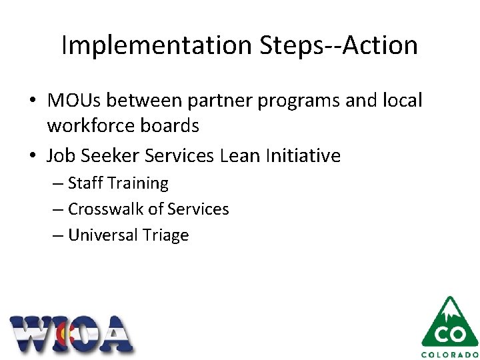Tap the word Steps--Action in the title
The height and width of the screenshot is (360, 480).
click(335, 45)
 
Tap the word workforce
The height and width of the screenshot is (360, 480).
click(96, 125)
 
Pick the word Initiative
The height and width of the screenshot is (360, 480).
click(303, 156)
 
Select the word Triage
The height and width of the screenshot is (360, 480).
click(165, 236)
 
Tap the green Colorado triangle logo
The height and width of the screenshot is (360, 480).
click(450, 321)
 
